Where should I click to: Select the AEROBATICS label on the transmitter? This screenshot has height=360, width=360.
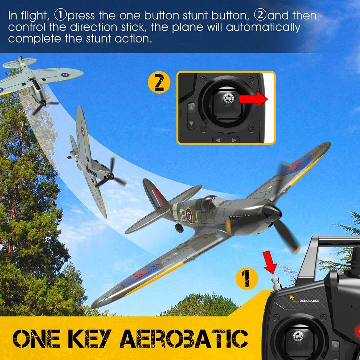309,301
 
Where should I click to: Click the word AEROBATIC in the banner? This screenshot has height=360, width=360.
184,338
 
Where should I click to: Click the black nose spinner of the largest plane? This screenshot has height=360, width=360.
272,213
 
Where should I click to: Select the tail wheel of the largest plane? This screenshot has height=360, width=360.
179,228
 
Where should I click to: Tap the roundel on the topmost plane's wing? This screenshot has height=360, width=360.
65,75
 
